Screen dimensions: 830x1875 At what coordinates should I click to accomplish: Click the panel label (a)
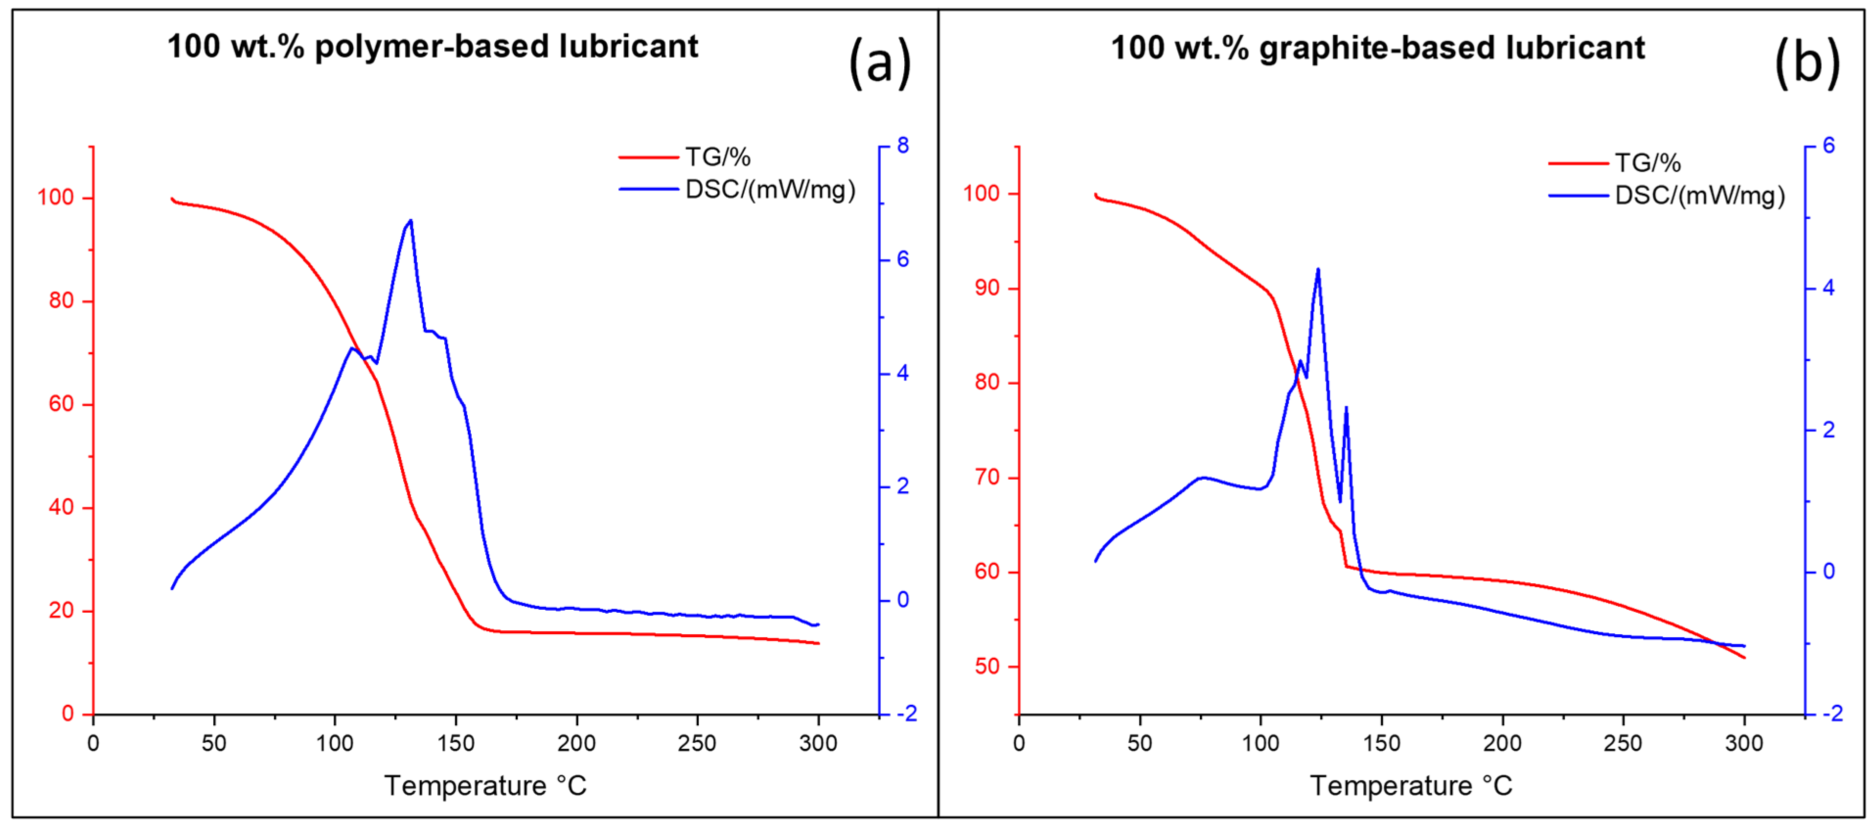(879, 63)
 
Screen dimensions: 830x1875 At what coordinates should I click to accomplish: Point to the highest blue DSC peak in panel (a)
(411, 221)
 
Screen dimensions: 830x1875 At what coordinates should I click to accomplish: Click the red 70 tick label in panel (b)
(987, 478)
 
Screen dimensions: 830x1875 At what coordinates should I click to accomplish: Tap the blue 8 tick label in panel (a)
(903, 146)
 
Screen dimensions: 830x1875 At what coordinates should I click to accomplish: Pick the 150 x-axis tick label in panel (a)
(456, 743)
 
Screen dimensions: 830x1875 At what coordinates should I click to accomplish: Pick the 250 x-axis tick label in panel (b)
(1623, 743)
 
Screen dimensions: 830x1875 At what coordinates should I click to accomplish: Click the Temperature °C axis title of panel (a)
(485, 785)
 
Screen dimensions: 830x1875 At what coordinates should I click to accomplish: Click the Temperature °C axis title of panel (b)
(1411, 785)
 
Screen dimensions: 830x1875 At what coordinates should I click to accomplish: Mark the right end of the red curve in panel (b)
(1744, 657)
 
